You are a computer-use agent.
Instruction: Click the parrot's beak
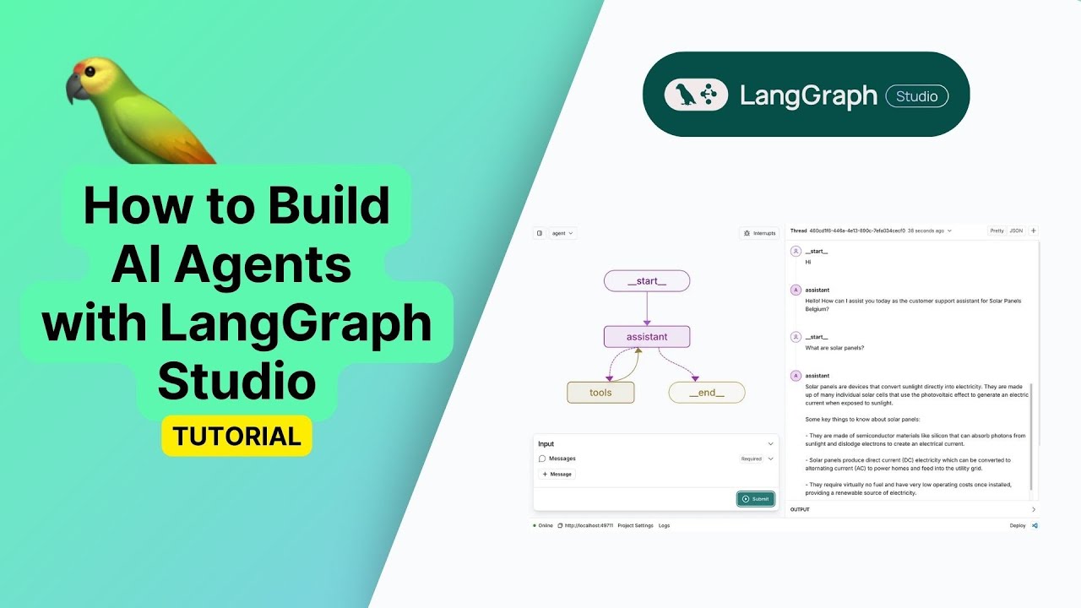click(x=74, y=87)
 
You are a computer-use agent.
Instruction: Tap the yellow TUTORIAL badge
click(x=236, y=436)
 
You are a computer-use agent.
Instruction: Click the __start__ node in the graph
click(x=647, y=281)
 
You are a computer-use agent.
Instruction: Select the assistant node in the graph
click(x=647, y=337)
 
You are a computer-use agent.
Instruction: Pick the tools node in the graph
click(x=600, y=393)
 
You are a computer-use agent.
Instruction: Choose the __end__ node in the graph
click(x=707, y=393)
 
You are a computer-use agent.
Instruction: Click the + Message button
click(x=557, y=475)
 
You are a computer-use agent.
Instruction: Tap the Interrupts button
click(x=759, y=233)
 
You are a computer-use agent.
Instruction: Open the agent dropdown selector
click(x=562, y=233)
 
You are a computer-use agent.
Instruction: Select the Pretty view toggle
click(x=997, y=231)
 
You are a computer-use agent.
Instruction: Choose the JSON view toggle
click(x=1016, y=231)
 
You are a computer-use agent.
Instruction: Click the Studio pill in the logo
click(x=916, y=96)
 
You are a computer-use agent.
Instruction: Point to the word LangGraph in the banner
click(x=808, y=96)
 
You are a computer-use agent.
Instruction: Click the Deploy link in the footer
click(x=1018, y=525)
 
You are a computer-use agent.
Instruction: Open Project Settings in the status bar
click(x=635, y=525)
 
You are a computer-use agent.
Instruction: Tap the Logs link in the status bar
click(x=665, y=525)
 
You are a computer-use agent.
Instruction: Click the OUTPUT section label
click(x=800, y=509)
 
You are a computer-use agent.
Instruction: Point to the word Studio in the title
click(x=236, y=381)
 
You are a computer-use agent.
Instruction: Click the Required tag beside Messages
click(x=752, y=459)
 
